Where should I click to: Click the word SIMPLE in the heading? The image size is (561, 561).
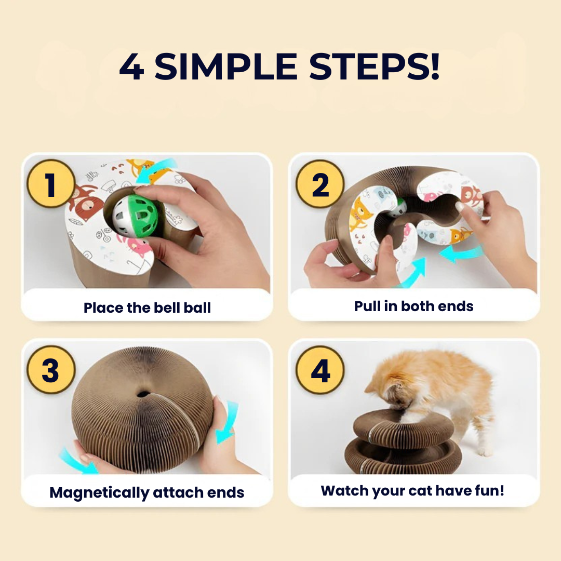click(x=226, y=66)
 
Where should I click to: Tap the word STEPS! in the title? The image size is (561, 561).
click(x=374, y=66)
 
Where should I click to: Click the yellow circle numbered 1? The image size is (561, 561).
click(x=51, y=183)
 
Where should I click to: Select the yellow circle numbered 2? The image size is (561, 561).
click(x=320, y=184)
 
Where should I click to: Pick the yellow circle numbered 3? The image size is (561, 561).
click(x=51, y=370)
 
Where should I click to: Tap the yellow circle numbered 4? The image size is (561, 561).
click(x=320, y=370)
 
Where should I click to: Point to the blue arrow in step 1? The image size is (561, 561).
click(x=155, y=170)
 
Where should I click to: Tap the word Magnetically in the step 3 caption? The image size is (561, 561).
click(x=99, y=492)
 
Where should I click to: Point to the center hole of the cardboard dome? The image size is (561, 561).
click(x=143, y=394)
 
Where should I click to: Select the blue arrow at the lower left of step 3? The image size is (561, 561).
click(x=77, y=462)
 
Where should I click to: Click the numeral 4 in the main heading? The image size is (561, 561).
click(x=131, y=66)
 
